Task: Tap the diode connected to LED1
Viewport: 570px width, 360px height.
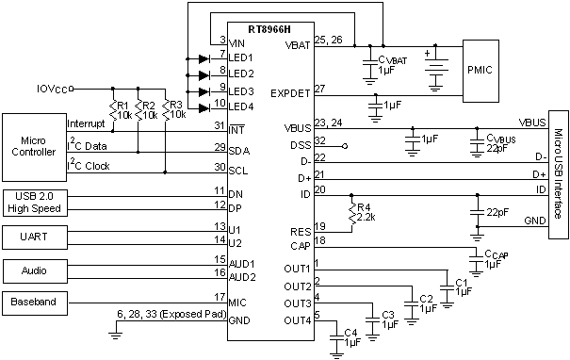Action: point(203,57)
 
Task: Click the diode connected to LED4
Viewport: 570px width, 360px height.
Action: point(203,106)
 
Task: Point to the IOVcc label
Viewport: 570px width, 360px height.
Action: point(54,89)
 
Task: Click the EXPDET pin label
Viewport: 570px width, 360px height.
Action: point(291,92)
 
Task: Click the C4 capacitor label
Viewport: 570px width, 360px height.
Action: point(350,338)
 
